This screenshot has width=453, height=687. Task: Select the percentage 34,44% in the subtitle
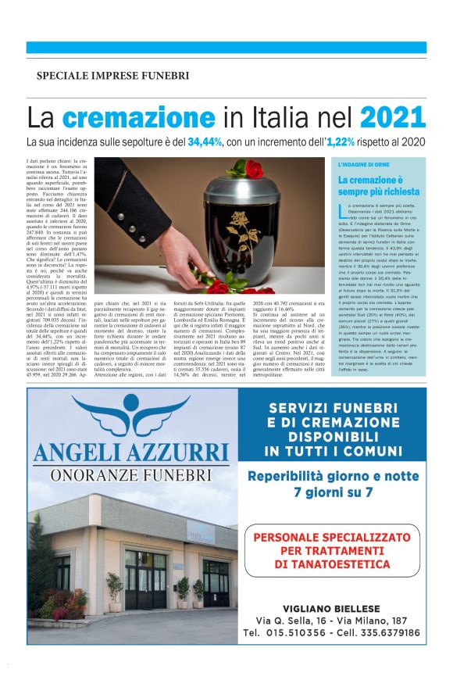(x=226, y=142)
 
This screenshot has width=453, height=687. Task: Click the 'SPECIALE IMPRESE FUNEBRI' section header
(x=112, y=76)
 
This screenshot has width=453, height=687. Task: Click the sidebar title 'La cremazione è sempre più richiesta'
(x=379, y=185)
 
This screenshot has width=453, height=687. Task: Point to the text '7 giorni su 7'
(x=334, y=492)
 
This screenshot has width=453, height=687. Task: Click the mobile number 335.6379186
(x=383, y=632)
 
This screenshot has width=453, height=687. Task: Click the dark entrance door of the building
(x=144, y=578)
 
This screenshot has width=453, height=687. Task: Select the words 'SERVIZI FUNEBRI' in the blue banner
(x=334, y=407)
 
